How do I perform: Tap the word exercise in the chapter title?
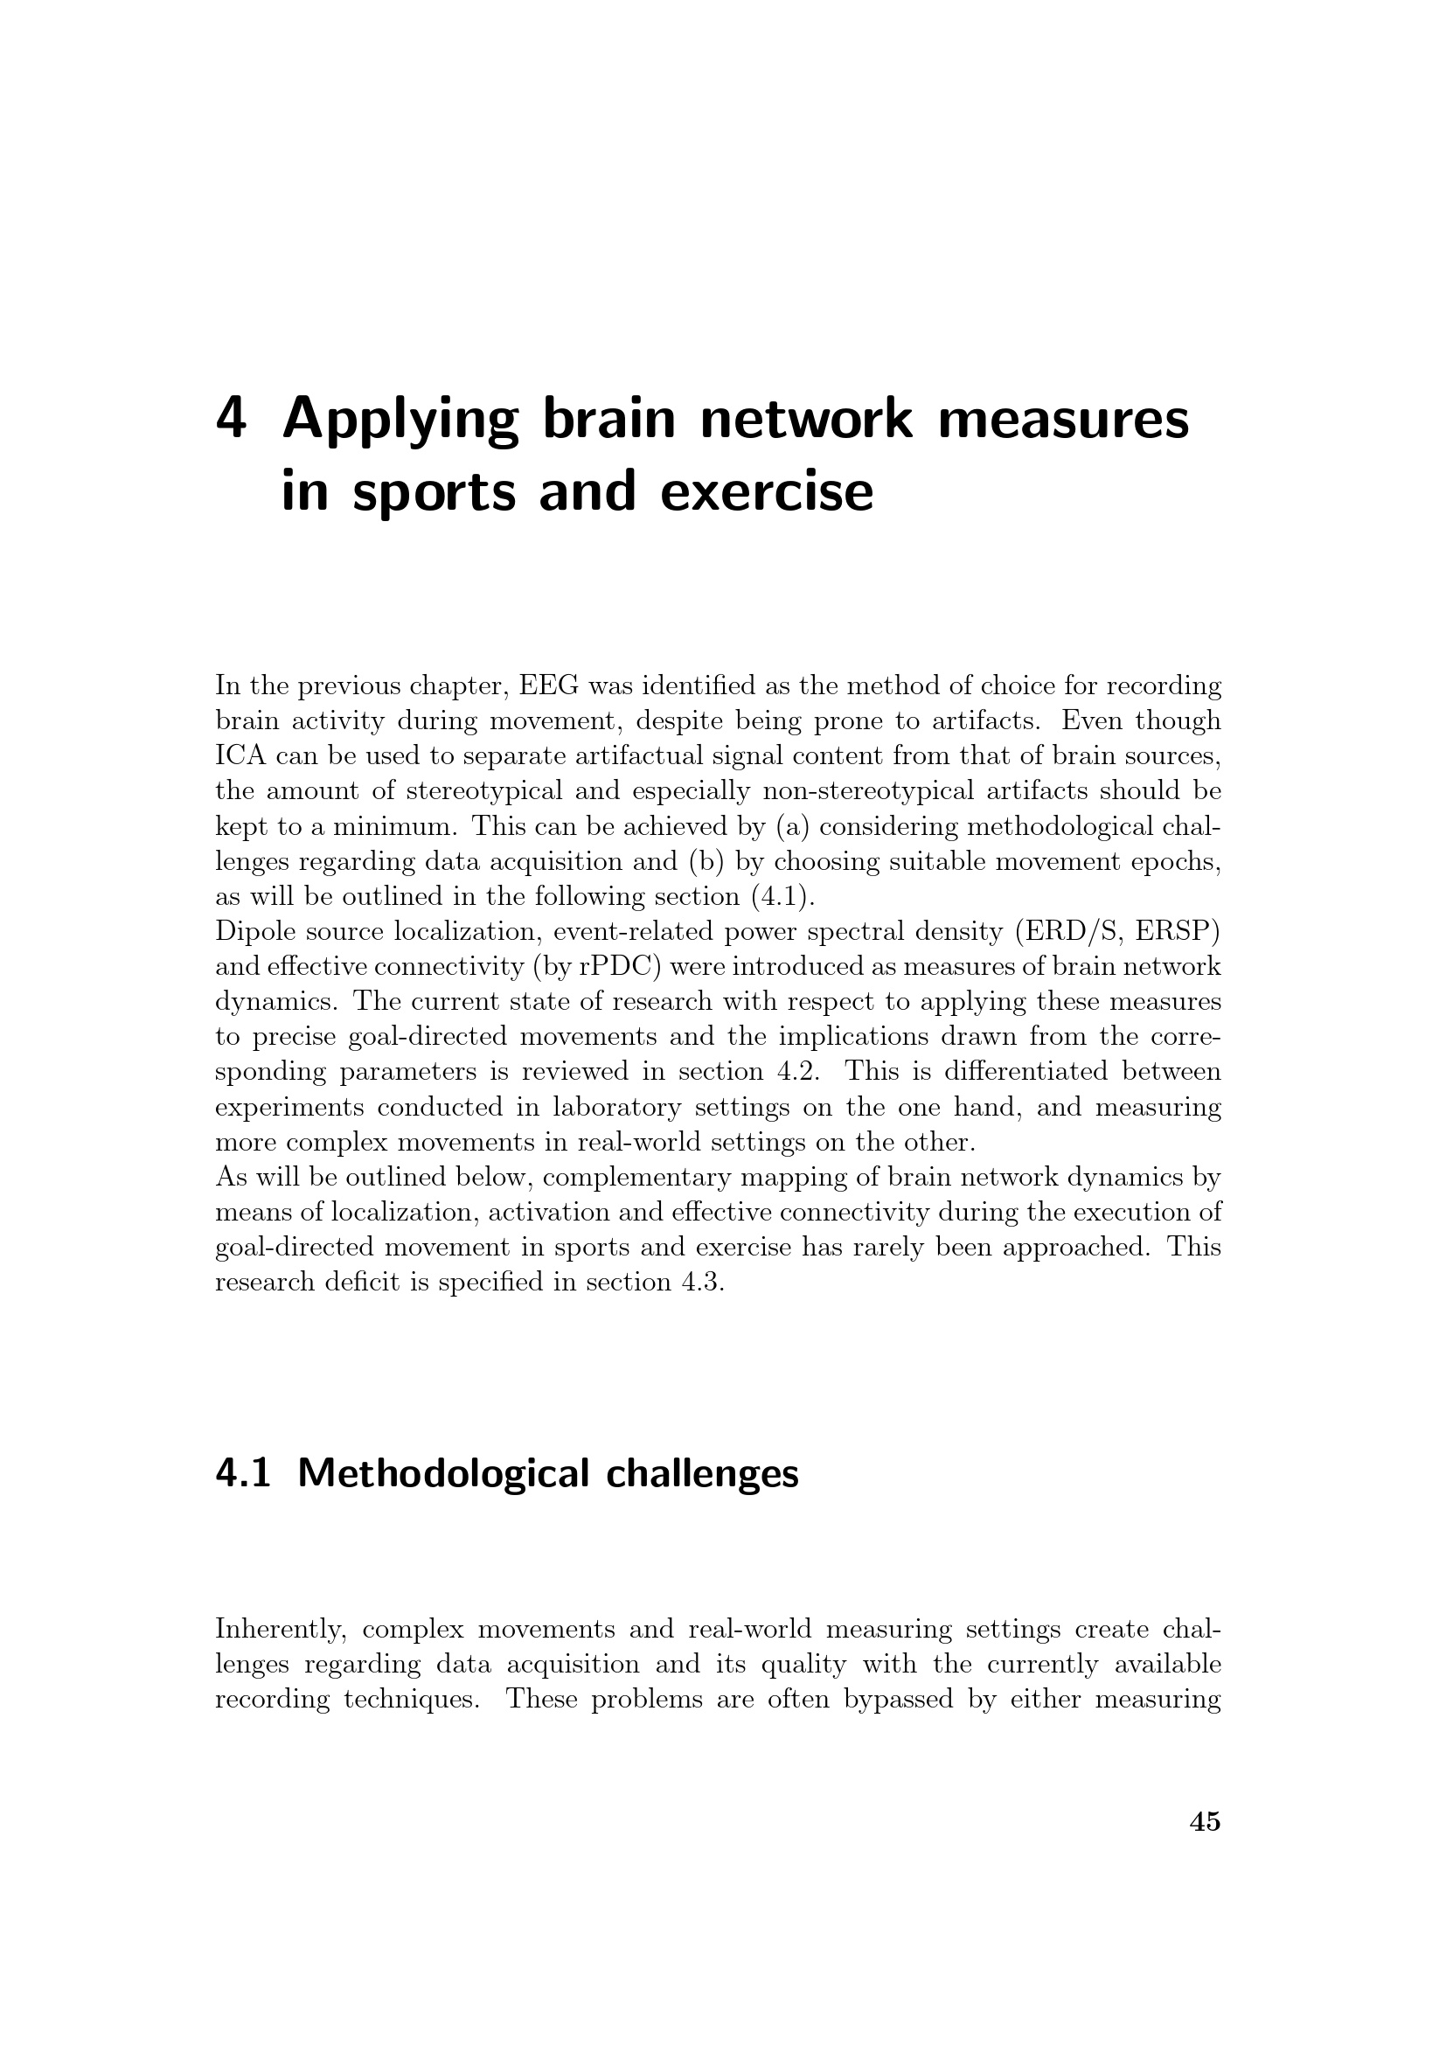pos(767,492)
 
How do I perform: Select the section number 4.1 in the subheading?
pos(242,1473)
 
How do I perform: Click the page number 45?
pos(1205,1821)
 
